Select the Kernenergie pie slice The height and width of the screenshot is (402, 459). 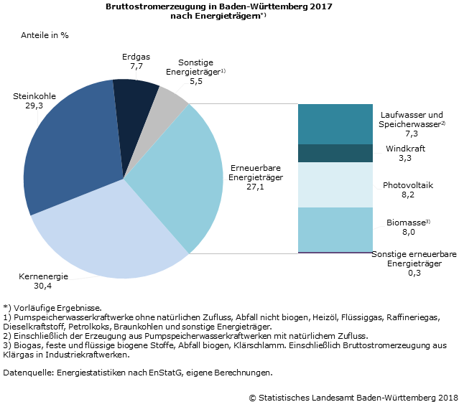[x=108, y=230]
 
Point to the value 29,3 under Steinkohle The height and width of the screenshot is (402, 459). [x=33, y=105]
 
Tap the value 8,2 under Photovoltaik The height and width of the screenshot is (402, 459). [x=407, y=195]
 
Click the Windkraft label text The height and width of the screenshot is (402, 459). [x=407, y=148]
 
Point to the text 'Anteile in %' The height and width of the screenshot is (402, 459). [x=45, y=34]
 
